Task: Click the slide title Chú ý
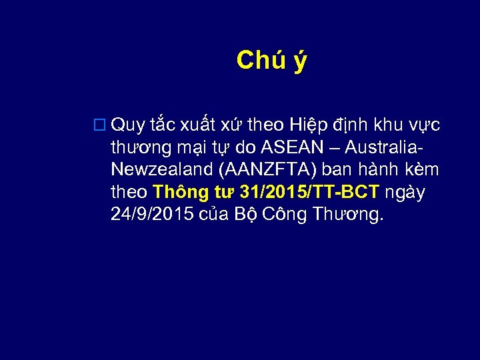point(271,61)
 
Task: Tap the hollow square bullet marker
point(100,125)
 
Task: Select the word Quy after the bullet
point(129,125)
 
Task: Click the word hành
point(378,170)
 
